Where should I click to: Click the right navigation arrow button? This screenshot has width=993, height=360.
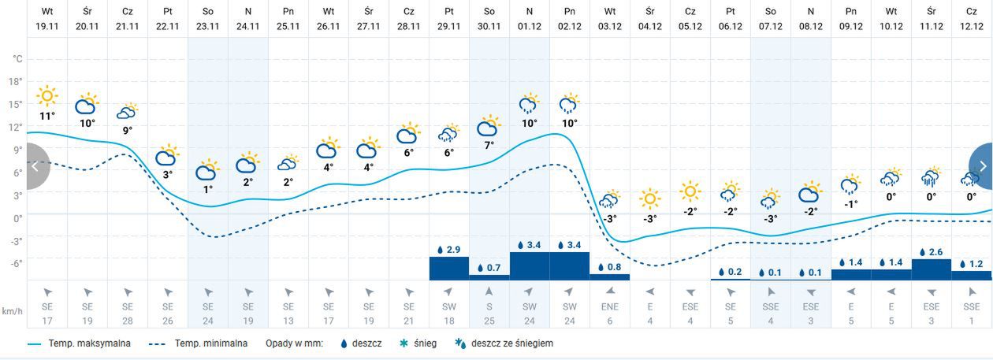[982, 166]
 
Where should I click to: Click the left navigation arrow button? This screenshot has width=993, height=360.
[35, 166]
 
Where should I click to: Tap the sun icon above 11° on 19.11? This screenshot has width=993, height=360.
[47, 97]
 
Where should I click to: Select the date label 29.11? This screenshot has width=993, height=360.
[449, 25]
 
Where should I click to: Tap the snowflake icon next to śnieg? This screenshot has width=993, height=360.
[403, 343]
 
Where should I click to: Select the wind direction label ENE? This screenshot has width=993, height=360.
[610, 306]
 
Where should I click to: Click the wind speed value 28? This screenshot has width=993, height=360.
[128, 320]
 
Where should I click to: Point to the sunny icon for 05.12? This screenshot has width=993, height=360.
[690, 191]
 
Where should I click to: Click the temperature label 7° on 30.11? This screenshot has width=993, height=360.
[489, 145]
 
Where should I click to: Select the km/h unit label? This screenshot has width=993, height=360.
[12, 310]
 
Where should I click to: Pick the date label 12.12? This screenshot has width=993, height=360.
[972, 25]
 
